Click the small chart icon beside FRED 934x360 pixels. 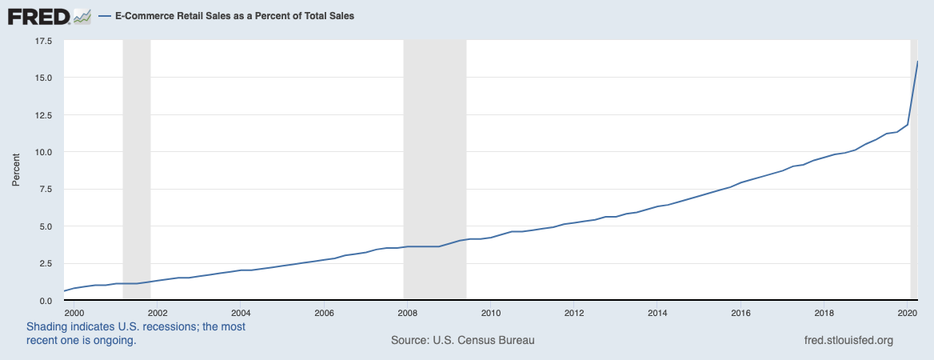[x=82, y=16]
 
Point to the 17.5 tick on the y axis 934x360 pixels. [x=42, y=40]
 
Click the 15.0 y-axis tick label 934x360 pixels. [x=42, y=78]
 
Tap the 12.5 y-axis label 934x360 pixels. [x=42, y=114]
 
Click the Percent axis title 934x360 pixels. [x=15, y=170]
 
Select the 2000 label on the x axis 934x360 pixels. [x=73, y=312]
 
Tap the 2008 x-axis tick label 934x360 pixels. [x=407, y=312]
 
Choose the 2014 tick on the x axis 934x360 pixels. [x=657, y=312]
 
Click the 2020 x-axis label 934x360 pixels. [x=907, y=312]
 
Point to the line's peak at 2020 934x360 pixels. [x=916, y=62]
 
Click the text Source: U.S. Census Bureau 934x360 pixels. [x=462, y=340]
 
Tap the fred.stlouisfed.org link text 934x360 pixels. [x=848, y=340]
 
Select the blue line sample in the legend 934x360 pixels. [x=104, y=16]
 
